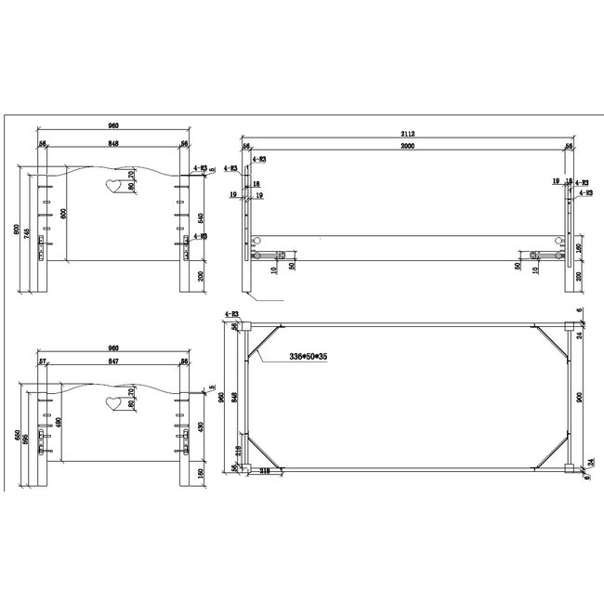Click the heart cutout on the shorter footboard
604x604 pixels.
(112, 403)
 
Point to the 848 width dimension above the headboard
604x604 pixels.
(112, 144)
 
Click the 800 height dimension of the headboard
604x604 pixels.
(17, 229)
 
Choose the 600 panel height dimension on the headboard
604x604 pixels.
(64, 212)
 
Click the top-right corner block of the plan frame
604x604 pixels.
(568, 326)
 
